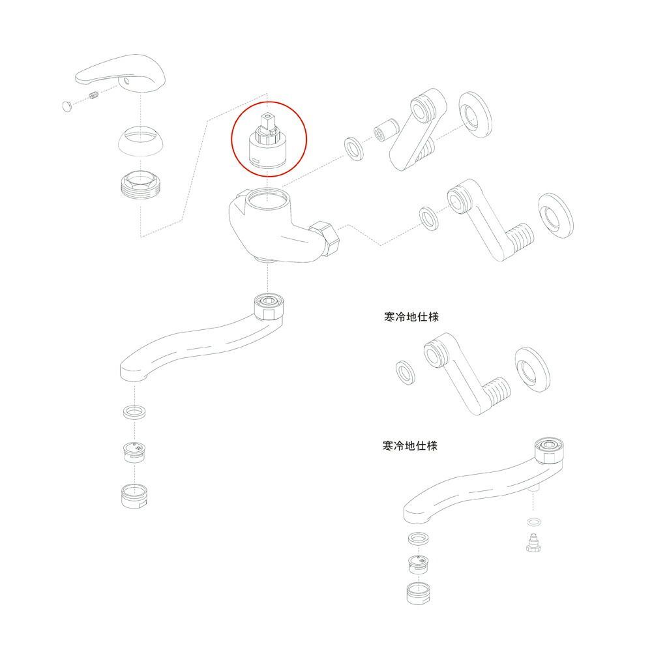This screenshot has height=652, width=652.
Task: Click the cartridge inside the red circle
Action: tap(267, 141)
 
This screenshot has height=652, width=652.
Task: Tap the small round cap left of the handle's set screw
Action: tap(67, 106)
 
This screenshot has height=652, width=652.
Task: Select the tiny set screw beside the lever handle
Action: tap(93, 96)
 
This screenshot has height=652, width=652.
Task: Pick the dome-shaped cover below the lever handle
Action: tap(141, 140)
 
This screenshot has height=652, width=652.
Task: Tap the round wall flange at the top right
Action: tap(476, 113)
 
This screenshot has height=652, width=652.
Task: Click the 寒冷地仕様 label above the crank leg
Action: tap(411, 317)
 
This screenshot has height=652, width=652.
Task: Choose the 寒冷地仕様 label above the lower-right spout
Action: tap(410, 446)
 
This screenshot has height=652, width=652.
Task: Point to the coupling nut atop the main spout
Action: tap(269, 307)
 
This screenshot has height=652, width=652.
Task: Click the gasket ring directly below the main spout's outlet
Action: tap(135, 411)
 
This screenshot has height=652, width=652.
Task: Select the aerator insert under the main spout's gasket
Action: tap(135, 452)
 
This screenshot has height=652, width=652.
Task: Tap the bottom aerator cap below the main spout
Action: tap(134, 496)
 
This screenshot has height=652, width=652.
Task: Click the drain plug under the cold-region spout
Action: tap(533, 543)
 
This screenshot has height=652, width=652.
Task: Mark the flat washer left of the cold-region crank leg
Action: tap(405, 372)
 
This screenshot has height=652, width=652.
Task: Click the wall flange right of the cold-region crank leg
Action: tap(532, 370)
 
